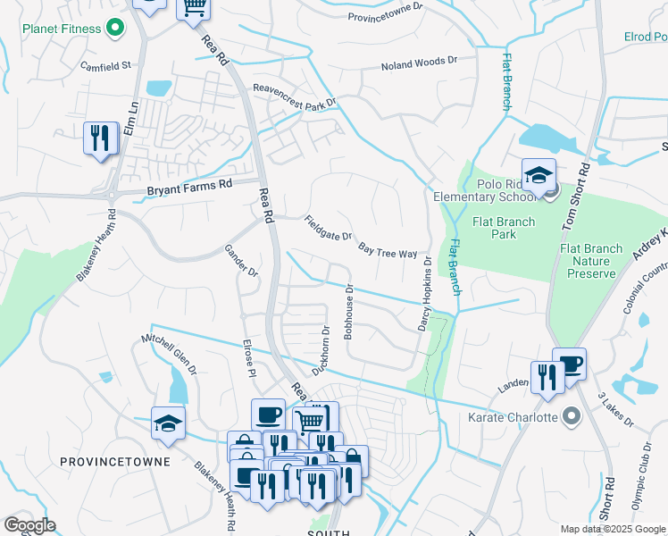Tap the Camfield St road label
point(105,65)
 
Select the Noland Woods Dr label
point(418,65)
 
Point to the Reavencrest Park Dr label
point(295,96)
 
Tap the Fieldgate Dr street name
point(328,229)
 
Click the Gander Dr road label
point(241,260)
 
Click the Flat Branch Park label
point(505,229)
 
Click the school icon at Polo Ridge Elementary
point(539,176)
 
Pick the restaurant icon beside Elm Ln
point(100,138)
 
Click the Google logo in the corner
point(29,524)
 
